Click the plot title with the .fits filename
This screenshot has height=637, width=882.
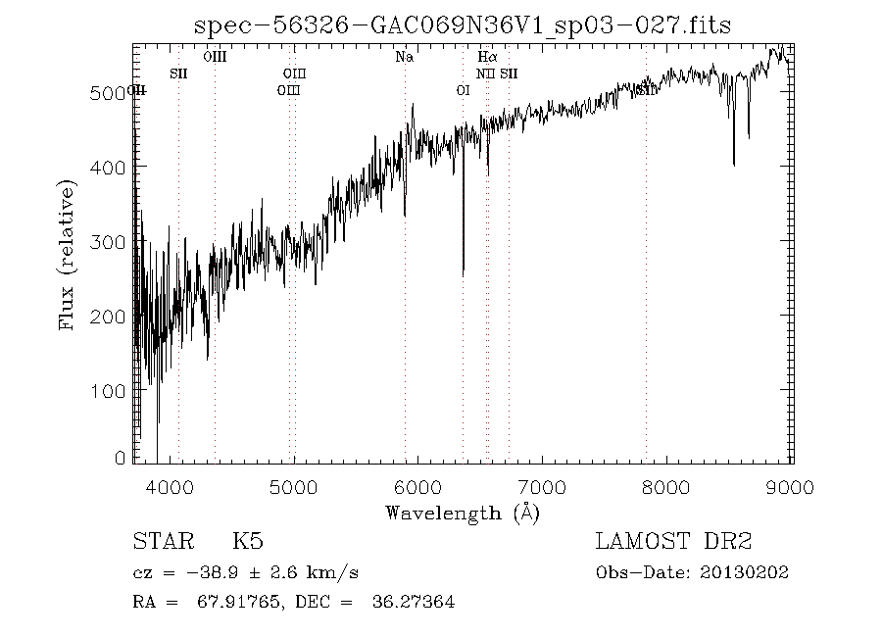pos(463,24)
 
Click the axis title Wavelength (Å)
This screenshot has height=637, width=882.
pos(462,513)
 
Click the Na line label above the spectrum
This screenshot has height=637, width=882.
pos(404,57)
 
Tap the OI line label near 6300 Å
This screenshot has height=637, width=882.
pos(464,90)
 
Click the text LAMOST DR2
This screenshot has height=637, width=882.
pos(673,541)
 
